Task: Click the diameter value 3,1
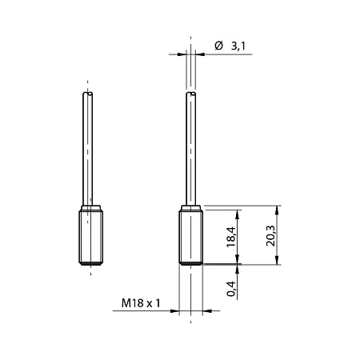click(x=238, y=46)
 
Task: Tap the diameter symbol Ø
click(x=218, y=46)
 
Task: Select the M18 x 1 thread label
click(x=141, y=303)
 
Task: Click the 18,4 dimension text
click(x=231, y=237)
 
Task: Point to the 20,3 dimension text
click(x=270, y=236)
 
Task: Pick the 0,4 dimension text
click(x=231, y=289)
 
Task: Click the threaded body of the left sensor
click(x=91, y=238)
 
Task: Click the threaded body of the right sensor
click(x=190, y=238)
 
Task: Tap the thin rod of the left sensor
click(x=88, y=149)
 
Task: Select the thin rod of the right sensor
click(x=190, y=149)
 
